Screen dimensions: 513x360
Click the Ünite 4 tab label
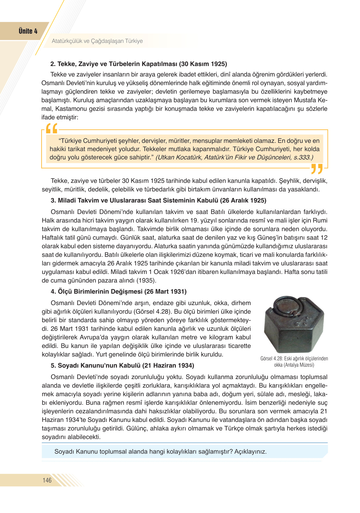click(28, 31)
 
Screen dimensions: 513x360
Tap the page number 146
click(47, 480)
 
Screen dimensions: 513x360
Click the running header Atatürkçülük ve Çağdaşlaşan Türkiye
click(97, 41)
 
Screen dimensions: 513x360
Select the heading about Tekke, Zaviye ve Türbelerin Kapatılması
click(139, 64)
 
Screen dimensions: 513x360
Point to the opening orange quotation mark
click(52, 128)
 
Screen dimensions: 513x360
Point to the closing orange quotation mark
click(317, 169)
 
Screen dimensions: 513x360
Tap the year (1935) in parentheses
click(146, 281)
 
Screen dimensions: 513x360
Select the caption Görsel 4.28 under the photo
click(294, 358)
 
